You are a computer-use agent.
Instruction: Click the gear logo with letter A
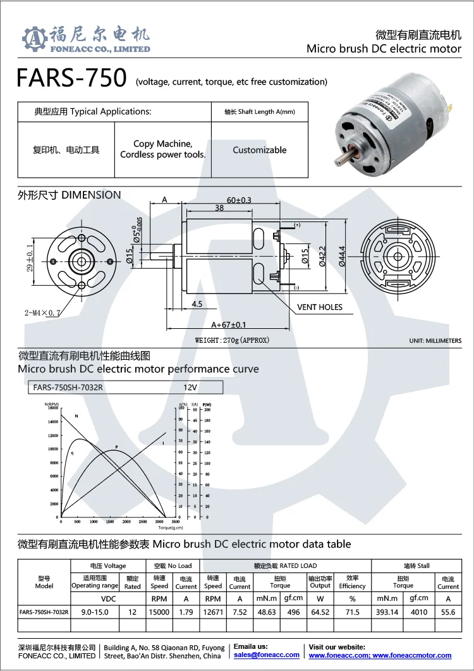click(35, 39)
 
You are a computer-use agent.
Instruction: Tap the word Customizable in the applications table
click(259, 150)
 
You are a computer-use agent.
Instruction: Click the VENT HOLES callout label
click(320, 307)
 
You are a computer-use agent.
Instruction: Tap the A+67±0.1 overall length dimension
click(228, 325)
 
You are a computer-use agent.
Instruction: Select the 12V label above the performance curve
click(190, 387)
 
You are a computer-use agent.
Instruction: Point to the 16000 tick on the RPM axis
click(52, 408)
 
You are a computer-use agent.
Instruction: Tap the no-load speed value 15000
click(159, 612)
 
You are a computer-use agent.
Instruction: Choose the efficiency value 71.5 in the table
click(352, 612)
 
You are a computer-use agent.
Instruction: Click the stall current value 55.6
click(448, 612)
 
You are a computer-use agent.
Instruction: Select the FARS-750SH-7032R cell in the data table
click(44, 612)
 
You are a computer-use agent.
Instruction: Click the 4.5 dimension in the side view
click(197, 304)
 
